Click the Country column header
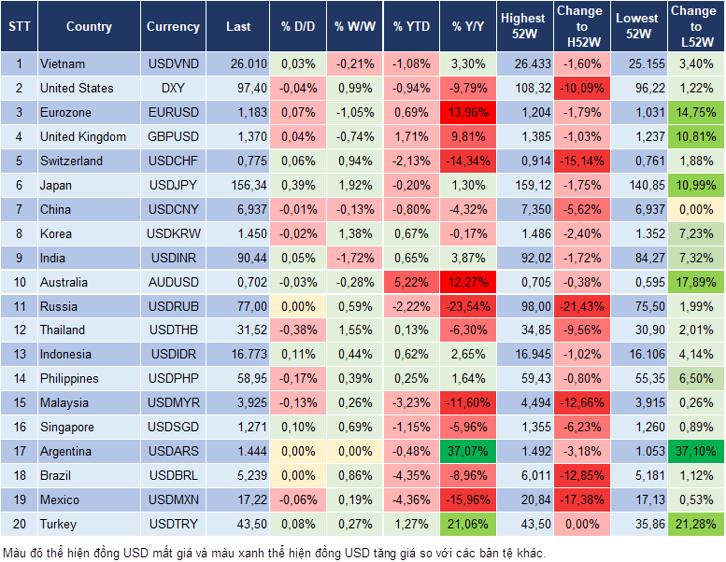89,27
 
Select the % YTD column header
411,27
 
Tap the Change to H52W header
579,27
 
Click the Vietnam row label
63,64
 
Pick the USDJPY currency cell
173,185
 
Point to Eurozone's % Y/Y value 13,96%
469,113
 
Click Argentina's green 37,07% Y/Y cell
469,451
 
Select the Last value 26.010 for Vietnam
246,64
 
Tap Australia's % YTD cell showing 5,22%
411,282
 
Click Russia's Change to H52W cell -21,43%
579,306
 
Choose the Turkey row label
59,524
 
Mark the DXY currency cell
173,89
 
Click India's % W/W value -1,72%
353,258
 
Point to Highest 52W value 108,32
523,89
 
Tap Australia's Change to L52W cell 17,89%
696,282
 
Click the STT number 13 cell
18,355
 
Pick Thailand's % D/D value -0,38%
297,330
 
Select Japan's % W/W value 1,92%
353,185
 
